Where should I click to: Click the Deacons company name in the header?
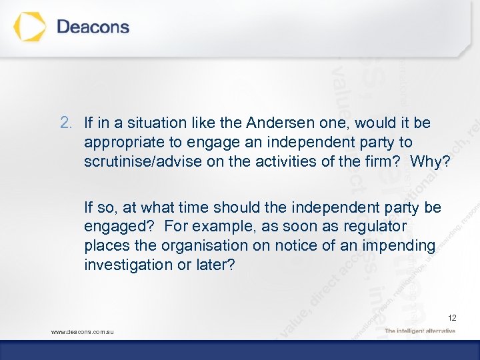click(x=93, y=27)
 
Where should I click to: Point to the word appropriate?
click(x=122, y=142)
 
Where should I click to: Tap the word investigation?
click(x=121, y=265)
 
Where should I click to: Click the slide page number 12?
click(x=451, y=317)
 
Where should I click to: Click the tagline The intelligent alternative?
click(x=420, y=331)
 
